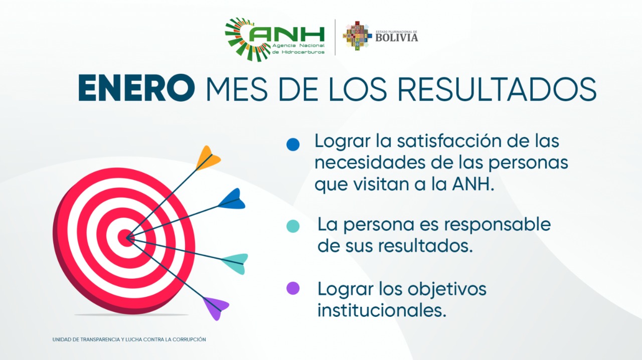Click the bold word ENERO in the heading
136,88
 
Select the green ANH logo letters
286,35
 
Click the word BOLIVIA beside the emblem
397,38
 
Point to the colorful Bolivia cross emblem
356,36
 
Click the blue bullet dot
293,144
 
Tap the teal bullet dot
293,226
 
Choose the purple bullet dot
293,288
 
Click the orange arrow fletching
208,158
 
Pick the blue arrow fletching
232,199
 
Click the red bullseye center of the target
126,238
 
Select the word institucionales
382,310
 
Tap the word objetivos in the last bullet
447,289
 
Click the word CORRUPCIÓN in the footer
191,339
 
